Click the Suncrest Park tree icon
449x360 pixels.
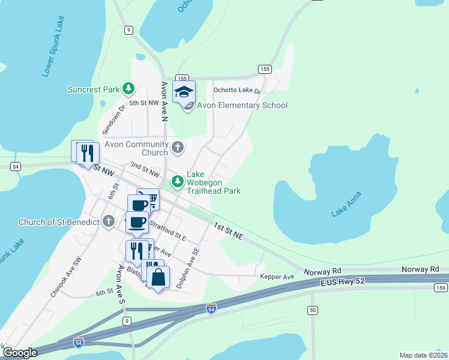pyautogui.click(x=128, y=89)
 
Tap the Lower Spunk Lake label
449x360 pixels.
pyautogui.click(x=53, y=47)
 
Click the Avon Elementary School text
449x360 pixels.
pyautogui.click(x=243, y=106)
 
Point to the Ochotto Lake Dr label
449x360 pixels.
pyautogui.click(x=237, y=91)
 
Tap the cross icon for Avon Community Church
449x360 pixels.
pyautogui.click(x=178, y=147)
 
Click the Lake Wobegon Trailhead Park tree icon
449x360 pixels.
pyautogui.click(x=178, y=181)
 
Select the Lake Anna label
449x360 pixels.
pyautogui.click(x=347, y=205)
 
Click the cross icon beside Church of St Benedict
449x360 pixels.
pyautogui.click(x=109, y=222)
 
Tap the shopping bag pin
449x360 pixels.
pyautogui.click(x=157, y=278)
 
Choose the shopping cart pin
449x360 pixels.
pyautogui.click(x=151, y=200)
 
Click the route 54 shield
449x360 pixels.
pyautogui.click(x=16, y=166)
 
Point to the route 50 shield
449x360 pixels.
pyautogui.click(x=312, y=310)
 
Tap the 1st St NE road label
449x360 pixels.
pyautogui.click(x=228, y=231)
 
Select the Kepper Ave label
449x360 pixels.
pyautogui.click(x=277, y=277)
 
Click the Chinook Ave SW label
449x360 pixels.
pyautogui.click(x=65, y=278)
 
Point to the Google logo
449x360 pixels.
pyautogui.click(x=20, y=353)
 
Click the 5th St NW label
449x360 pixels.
pyautogui.click(x=143, y=103)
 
